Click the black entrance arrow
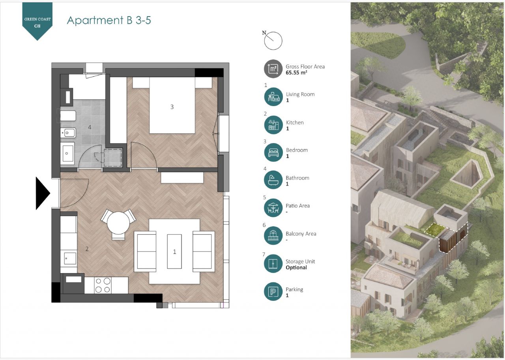click(42, 193)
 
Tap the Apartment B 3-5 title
click(109, 20)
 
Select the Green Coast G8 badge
click(37, 21)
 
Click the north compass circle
click(273, 41)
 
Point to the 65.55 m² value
click(296, 73)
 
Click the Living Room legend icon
click(273, 97)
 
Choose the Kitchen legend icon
click(273, 125)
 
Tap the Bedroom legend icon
click(273, 153)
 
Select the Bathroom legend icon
click(273, 180)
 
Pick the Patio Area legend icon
click(273, 208)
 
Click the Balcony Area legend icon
click(273, 236)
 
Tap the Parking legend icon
click(273, 291)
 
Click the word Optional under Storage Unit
click(296, 268)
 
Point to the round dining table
click(118, 223)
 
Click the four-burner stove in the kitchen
click(103, 285)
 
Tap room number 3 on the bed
click(172, 107)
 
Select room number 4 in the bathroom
click(90, 127)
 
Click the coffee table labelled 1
click(174, 252)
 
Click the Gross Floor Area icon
click(273, 69)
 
